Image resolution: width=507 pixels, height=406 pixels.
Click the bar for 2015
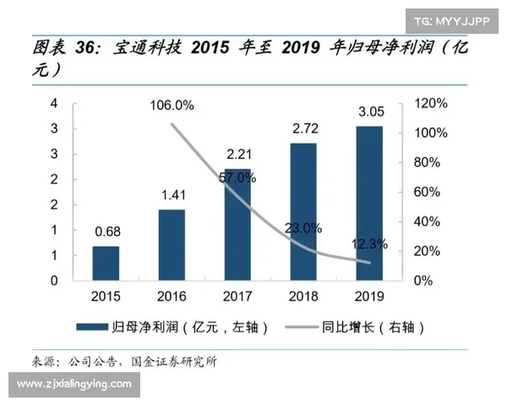pos(105,262)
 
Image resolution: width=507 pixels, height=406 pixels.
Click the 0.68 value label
pos(106,230)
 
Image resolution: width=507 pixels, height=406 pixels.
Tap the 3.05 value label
pos(369,111)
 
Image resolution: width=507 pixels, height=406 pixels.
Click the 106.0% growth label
pos(172,106)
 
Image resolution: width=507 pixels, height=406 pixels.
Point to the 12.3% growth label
pos(369,244)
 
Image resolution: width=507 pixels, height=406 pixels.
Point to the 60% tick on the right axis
pos(428,192)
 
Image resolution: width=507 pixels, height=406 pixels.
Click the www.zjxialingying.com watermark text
pos(74,384)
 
